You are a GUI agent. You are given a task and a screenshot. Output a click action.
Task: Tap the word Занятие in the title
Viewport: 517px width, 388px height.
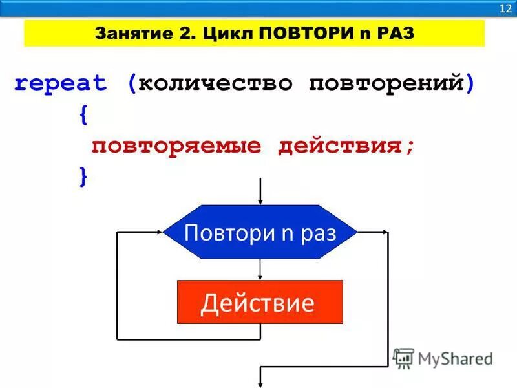point(124,33)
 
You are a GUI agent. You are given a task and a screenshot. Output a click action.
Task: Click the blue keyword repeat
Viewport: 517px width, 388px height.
point(60,83)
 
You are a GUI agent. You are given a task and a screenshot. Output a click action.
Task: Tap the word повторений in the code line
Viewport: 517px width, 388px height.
point(386,83)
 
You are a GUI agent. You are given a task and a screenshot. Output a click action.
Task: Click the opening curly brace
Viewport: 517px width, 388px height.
point(83,115)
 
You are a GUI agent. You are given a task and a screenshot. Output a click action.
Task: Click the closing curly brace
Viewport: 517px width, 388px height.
point(83,177)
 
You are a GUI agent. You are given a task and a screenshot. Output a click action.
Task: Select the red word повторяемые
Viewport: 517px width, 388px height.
point(176,145)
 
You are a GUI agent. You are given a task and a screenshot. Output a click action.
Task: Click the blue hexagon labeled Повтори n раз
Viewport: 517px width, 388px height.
point(260,232)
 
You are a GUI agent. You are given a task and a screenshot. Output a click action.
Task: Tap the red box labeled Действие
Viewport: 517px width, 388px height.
point(260,302)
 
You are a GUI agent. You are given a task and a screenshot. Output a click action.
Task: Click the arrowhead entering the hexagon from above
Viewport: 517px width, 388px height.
point(260,200)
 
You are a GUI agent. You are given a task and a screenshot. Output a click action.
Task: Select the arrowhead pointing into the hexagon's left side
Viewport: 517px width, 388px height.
point(158,232)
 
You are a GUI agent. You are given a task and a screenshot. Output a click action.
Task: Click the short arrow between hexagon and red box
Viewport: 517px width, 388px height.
point(260,270)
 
